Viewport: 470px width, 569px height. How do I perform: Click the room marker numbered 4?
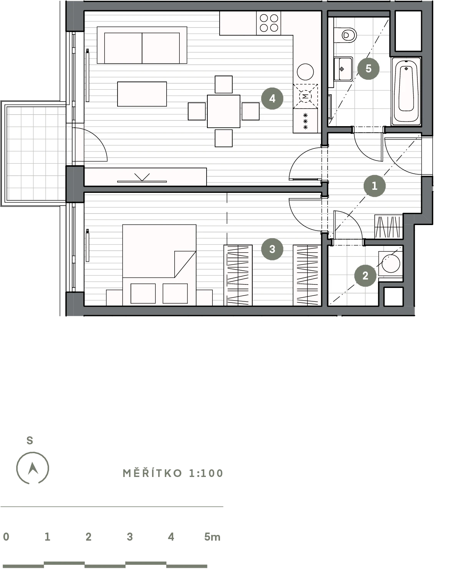[272, 99]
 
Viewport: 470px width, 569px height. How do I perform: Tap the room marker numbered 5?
[368, 69]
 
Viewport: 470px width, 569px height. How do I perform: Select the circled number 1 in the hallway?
[374, 186]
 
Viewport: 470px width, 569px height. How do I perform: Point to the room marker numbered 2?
[365, 276]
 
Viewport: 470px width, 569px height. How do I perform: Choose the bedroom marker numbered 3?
[272, 249]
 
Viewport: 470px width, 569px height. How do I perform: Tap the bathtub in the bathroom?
[406, 91]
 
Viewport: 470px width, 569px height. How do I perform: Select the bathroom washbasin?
[343, 69]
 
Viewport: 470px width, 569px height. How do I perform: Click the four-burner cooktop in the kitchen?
[268, 23]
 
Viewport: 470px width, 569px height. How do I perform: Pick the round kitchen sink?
[305, 72]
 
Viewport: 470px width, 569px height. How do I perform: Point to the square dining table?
[223, 111]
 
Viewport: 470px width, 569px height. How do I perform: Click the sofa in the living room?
[142, 45]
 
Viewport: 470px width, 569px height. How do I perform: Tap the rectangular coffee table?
[142, 94]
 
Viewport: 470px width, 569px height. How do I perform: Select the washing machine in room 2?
[391, 263]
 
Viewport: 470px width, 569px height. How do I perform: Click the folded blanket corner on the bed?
[185, 264]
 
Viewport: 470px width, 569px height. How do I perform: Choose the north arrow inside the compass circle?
[33, 468]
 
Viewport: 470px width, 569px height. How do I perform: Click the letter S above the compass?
[30, 441]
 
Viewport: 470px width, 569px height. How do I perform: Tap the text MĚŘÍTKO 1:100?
[173, 474]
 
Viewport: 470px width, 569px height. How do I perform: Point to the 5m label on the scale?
[212, 537]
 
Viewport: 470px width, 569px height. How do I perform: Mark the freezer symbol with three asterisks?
[305, 121]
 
